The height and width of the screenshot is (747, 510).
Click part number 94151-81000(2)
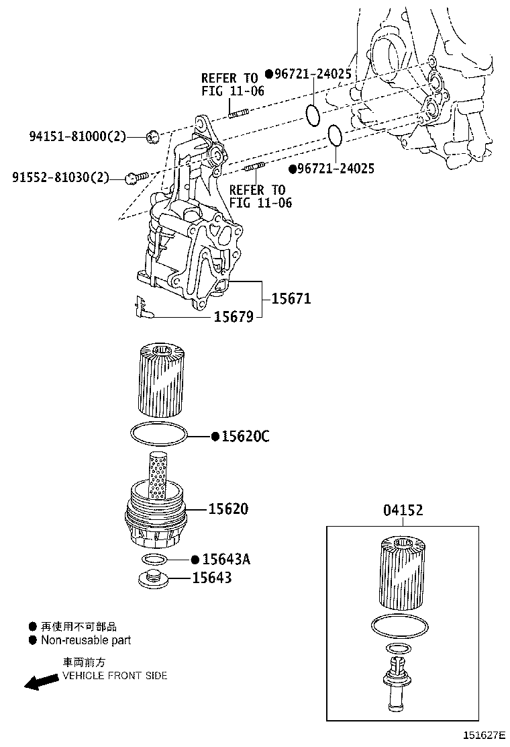point(77,137)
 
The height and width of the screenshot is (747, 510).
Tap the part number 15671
point(291,298)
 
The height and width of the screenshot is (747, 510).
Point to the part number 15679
point(234,316)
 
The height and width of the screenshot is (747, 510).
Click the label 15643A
point(226,559)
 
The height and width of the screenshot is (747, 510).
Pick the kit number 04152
point(403,511)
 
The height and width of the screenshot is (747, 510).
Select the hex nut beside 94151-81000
point(152,138)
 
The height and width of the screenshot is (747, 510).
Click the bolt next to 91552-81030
point(134,177)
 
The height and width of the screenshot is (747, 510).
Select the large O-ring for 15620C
point(158,435)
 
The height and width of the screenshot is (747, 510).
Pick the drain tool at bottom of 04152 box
point(397,685)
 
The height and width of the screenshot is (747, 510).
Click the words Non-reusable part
point(86,640)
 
